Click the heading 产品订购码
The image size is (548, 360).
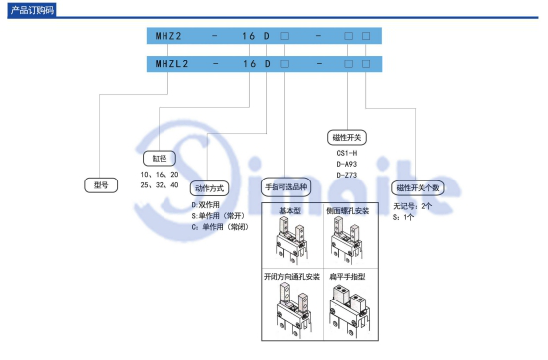click(29, 9)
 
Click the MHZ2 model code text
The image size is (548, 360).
click(166, 37)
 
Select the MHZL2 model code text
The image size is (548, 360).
click(169, 63)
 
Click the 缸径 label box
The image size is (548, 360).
click(160, 157)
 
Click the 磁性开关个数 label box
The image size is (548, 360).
click(419, 186)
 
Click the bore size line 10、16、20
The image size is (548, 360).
click(159, 173)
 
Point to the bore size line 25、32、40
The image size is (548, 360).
click(159, 184)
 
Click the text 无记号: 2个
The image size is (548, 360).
click(414, 205)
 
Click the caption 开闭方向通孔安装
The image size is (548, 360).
click(292, 276)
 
